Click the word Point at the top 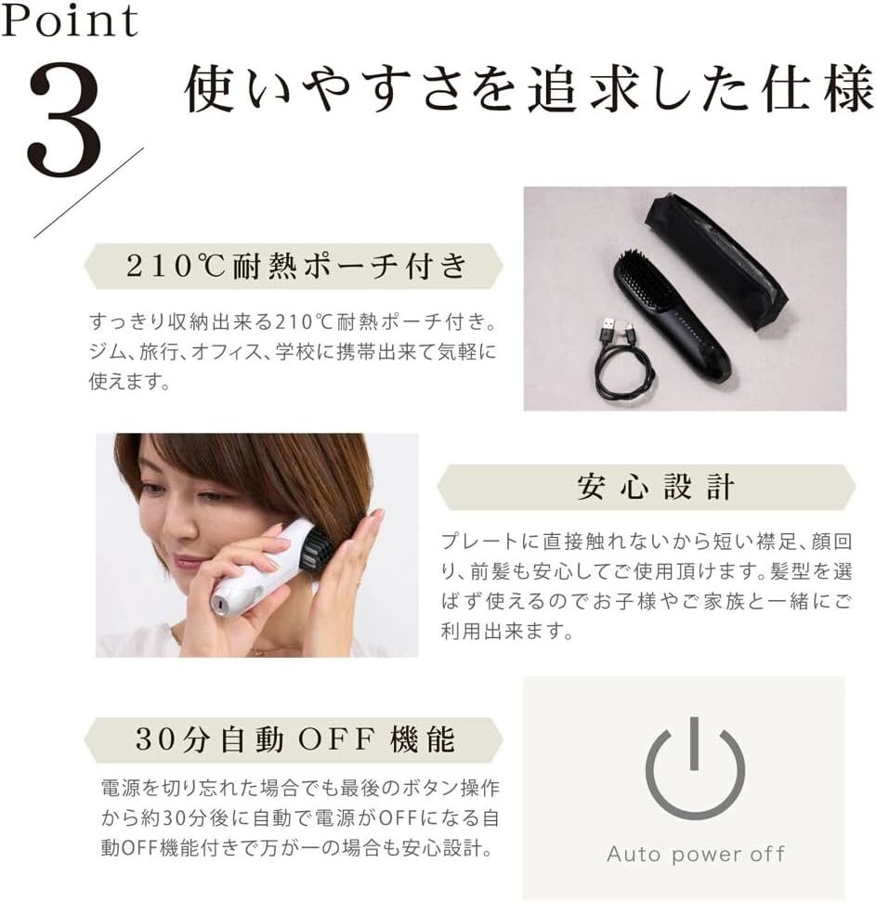coord(70,20)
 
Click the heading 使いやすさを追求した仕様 coord(528,88)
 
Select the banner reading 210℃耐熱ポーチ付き coord(294,266)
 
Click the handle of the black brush coord(697,346)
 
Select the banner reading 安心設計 coord(646,488)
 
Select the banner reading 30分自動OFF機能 coord(294,739)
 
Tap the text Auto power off coord(696,855)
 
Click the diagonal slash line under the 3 coord(88,192)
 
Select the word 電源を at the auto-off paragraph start coord(130,788)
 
